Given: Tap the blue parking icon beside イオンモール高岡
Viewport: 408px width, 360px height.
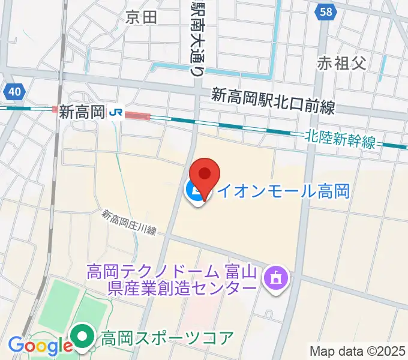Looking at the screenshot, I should tap(195, 193).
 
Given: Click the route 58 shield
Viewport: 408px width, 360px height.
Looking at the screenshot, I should tap(325, 13).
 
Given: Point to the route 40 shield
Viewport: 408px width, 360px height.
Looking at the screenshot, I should tap(14, 91).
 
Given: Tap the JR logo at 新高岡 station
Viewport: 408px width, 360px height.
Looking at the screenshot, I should tap(116, 112).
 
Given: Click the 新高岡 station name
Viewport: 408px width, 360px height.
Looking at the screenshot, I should tap(82, 112).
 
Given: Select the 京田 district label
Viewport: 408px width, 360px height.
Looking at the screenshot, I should tap(142, 17).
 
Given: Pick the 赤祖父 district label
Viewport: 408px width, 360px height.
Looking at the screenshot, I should tap(342, 62).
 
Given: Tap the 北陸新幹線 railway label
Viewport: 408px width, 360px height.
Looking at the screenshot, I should tap(340, 139).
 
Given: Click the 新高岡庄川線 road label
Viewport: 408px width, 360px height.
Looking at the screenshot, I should tap(128, 223).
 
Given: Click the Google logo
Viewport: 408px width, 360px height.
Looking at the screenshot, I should tap(40, 346).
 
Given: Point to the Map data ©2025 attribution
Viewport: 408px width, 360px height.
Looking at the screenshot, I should tap(358, 350).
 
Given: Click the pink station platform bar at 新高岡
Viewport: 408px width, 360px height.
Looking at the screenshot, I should tap(137, 115).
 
